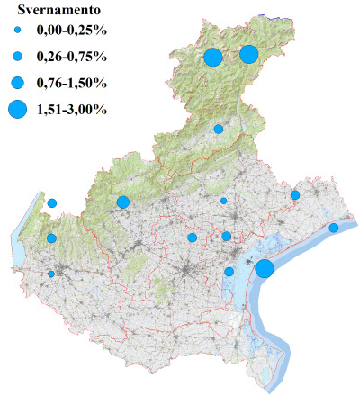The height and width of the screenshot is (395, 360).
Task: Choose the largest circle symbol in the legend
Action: pos(18,110)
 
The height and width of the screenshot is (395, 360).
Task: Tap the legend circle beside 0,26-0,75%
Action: pos(18,58)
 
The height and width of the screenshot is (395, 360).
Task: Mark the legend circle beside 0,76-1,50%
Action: pos(18,84)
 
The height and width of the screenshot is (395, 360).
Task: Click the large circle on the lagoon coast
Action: pos(265,268)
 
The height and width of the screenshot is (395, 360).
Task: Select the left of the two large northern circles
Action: pos(213,58)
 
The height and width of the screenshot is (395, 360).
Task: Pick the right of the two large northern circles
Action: pos(249,54)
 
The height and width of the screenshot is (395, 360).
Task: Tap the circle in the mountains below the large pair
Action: pos(219,129)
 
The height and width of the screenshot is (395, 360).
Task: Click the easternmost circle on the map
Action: pos(333,228)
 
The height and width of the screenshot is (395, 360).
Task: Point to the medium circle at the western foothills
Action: pos(123,202)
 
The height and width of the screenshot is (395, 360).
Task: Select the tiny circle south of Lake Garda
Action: pos(51,274)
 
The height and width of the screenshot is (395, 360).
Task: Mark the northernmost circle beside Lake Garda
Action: pos(52,203)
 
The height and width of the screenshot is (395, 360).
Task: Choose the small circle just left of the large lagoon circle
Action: pos(229,272)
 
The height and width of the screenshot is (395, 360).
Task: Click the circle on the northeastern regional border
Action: pos(295,194)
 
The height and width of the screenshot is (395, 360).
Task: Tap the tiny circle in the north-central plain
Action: pos(224,201)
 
